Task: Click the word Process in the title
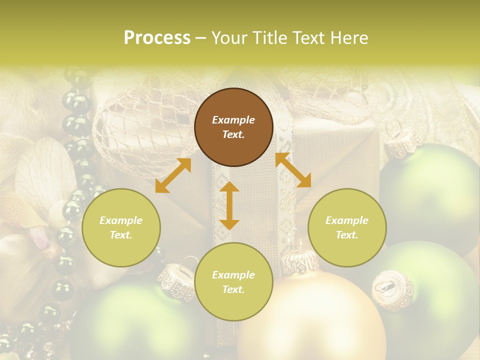[x=157, y=38]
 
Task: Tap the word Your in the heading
[x=231, y=38]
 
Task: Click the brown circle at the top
[x=233, y=127]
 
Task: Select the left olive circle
[x=121, y=227]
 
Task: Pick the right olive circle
[x=347, y=227]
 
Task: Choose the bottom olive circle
[x=233, y=282]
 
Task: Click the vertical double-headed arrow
[x=229, y=206]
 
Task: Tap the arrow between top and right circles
[x=293, y=170]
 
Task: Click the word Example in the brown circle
[x=233, y=120]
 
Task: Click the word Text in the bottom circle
[x=233, y=289]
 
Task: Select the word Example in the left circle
[x=121, y=220]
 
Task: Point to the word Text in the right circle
[x=347, y=235]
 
